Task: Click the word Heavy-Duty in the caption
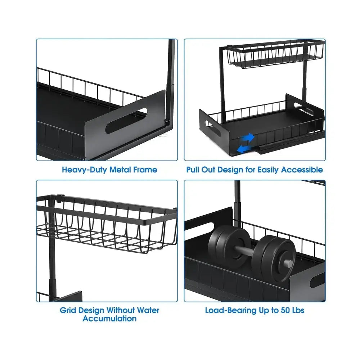click(x=85, y=170)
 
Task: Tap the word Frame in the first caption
click(x=145, y=170)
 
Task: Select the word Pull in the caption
click(x=193, y=170)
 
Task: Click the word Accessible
click(x=302, y=170)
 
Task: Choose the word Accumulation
click(x=109, y=319)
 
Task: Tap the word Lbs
click(x=298, y=310)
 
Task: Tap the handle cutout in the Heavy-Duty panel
click(x=126, y=120)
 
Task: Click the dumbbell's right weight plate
click(x=274, y=258)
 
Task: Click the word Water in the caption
click(x=148, y=310)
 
